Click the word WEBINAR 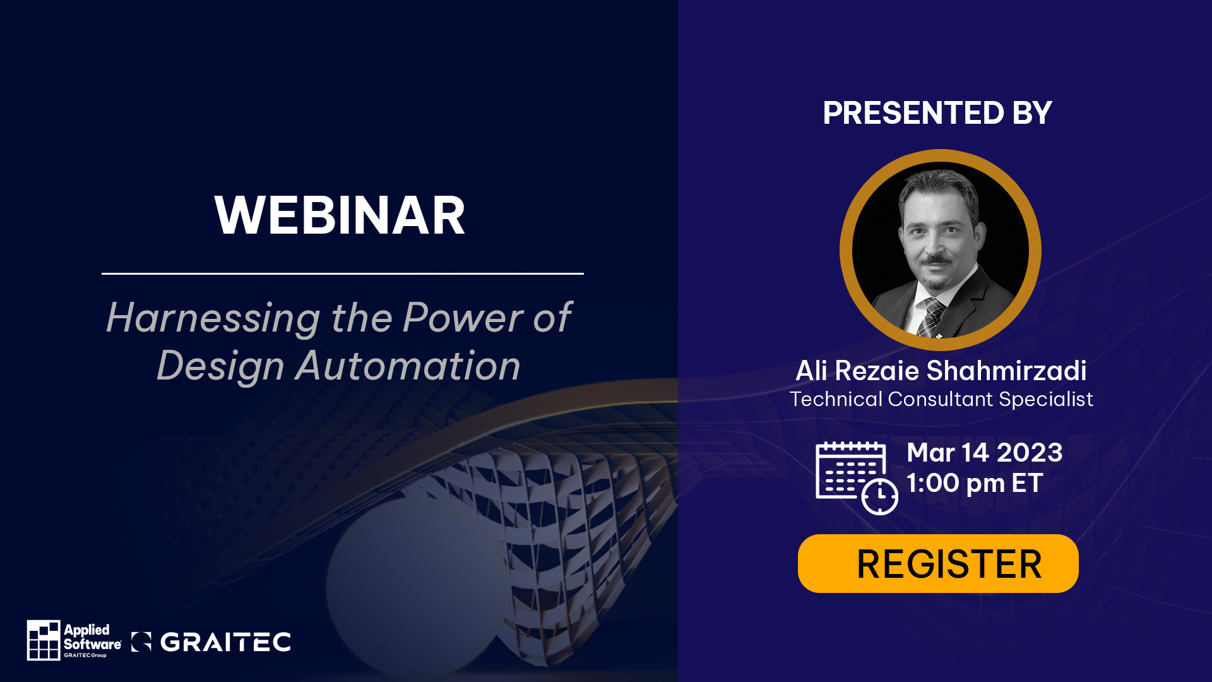(340, 215)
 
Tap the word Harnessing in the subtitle (213, 318)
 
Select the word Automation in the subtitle (408, 366)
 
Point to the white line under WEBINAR (343, 273)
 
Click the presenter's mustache (937, 260)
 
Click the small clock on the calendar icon (880, 496)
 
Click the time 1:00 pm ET (975, 483)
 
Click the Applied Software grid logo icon (44, 640)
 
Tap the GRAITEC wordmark (225, 642)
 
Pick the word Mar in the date (930, 453)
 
